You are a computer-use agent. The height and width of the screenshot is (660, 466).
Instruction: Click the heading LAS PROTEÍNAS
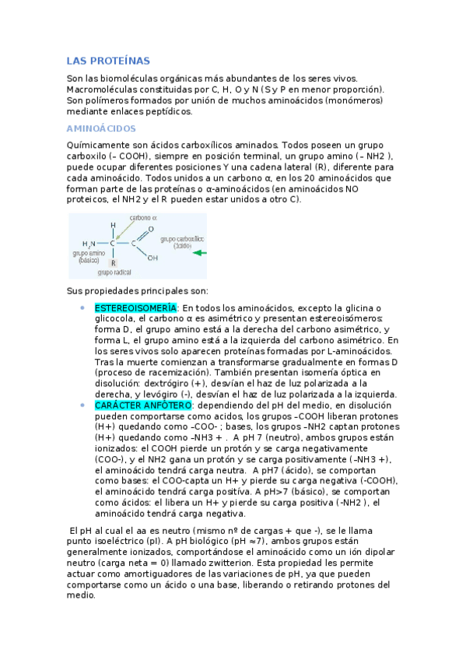tap(108, 61)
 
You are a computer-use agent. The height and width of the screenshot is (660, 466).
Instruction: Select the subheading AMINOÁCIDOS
tap(101, 128)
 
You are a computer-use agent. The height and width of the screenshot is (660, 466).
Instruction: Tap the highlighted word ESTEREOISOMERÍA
tap(135, 308)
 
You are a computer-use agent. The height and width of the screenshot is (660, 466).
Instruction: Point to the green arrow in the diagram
tap(199, 253)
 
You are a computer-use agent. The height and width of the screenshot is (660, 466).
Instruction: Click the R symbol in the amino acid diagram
tap(113, 262)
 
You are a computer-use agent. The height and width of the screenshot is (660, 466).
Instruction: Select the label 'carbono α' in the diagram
tap(143, 218)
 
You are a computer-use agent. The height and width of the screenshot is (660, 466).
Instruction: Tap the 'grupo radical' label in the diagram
tap(114, 273)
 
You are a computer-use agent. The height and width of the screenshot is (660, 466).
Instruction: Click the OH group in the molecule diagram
tap(152, 258)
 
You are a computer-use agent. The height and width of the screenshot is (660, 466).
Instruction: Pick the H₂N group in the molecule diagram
tap(89, 244)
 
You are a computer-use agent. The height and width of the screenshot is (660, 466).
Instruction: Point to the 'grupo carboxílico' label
tap(182, 239)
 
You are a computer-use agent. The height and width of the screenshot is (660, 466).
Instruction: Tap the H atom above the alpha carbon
tap(113, 226)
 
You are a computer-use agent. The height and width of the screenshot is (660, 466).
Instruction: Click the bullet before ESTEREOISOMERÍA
tap(82, 308)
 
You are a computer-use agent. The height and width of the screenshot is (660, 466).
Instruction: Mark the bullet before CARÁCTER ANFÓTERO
tap(82, 405)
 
